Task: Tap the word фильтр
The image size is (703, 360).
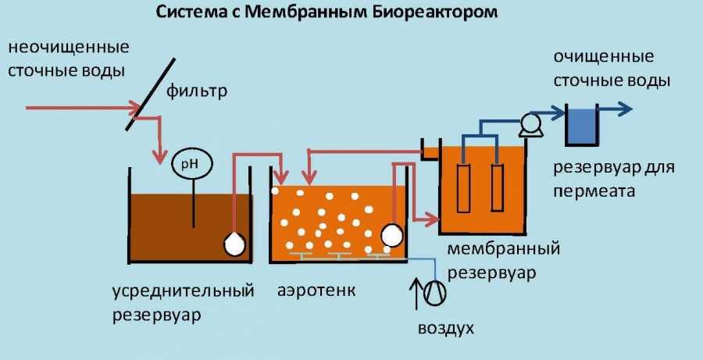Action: (196, 93)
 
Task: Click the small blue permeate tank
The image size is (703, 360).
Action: (580, 127)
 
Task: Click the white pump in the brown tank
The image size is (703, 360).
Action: (235, 244)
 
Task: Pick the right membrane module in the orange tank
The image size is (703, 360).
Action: (497, 187)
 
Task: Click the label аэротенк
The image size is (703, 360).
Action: (316, 291)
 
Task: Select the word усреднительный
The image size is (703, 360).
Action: (183, 291)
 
